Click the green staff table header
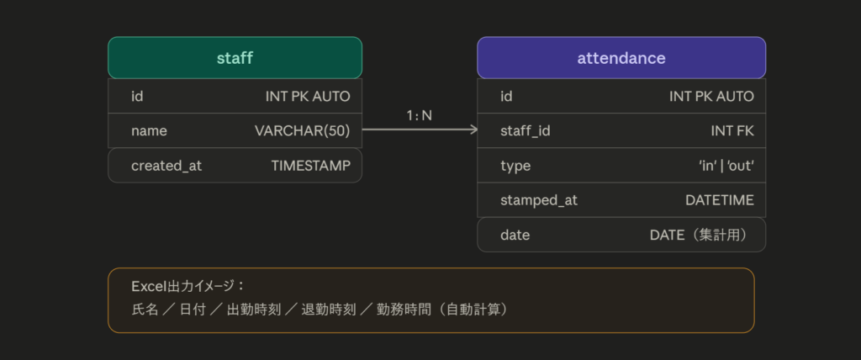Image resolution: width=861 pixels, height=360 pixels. click(x=235, y=58)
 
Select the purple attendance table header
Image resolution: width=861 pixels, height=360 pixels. click(x=621, y=58)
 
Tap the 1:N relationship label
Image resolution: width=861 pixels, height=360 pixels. click(x=419, y=115)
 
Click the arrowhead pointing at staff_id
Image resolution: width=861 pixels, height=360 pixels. click(x=473, y=130)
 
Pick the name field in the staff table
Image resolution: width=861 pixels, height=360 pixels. click(x=149, y=131)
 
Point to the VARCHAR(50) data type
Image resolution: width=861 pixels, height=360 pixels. click(x=302, y=131)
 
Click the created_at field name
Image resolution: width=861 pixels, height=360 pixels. click(x=166, y=166)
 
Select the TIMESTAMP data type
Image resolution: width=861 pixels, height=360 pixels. click(x=311, y=166)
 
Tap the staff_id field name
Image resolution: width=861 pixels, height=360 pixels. click(x=525, y=131)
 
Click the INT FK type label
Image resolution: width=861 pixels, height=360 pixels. click(x=732, y=131)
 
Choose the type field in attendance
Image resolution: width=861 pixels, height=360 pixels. click(x=515, y=166)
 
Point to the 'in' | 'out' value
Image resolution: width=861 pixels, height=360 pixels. click(x=726, y=166)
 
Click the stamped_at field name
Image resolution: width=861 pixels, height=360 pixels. click(x=539, y=201)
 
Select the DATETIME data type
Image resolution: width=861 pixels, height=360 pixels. click(x=720, y=201)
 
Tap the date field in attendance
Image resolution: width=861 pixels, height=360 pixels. click(x=515, y=236)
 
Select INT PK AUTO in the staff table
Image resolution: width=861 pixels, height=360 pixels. click(x=308, y=97)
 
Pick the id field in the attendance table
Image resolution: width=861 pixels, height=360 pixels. click(x=506, y=97)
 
